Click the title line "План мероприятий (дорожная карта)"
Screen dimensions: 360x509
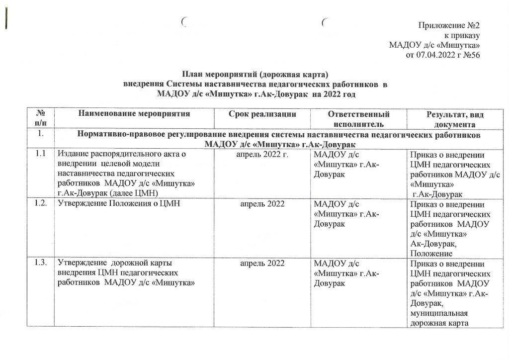[254, 75]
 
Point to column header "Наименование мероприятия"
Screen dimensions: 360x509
[135, 114]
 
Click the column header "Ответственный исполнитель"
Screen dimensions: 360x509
[360, 119]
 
